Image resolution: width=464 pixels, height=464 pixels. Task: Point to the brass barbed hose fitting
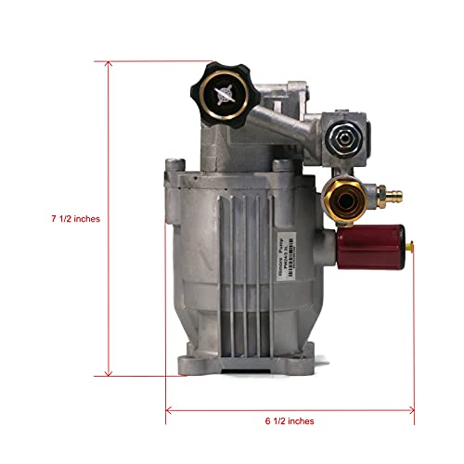point(370,197)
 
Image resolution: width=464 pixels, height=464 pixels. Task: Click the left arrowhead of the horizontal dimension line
point(170,407)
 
